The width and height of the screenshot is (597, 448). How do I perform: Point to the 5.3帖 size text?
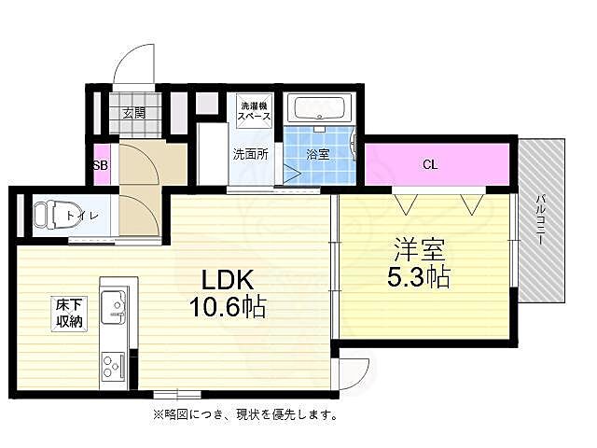click(x=420, y=277)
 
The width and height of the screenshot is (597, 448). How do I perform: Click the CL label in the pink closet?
click(x=429, y=165)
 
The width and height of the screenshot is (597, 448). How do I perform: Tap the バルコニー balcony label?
click(x=541, y=220)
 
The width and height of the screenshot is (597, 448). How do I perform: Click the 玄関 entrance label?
click(x=133, y=113)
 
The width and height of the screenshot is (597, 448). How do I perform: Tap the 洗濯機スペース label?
click(x=254, y=111)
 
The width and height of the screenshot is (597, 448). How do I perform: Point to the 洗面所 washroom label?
click(x=250, y=154)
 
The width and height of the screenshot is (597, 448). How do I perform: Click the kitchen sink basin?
click(x=116, y=306)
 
